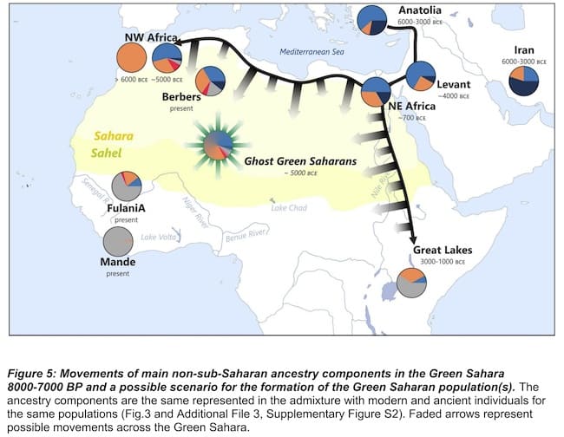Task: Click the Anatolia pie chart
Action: (x=372, y=19)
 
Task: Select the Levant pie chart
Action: (x=421, y=75)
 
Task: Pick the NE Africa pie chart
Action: (x=376, y=90)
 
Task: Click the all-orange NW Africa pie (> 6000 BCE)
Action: (x=132, y=58)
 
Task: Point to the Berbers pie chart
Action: (x=211, y=81)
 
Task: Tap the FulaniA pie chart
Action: (x=127, y=186)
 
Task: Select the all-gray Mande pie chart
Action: (x=118, y=242)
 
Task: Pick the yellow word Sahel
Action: (x=113, y=153)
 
